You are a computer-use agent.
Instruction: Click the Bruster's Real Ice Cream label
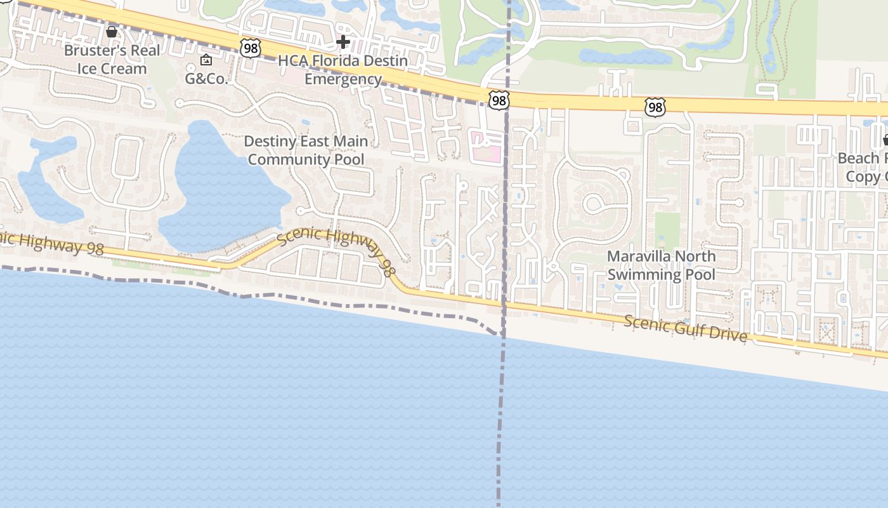(112, 59)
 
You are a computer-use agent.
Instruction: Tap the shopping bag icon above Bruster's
(112, 31)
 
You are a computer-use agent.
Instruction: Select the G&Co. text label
(206, 78)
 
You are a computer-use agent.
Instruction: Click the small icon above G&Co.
(206, 60)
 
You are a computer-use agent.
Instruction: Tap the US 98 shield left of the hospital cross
(251, 47)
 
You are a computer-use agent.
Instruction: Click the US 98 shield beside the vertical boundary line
(499, 100)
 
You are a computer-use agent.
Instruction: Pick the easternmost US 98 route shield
(655, 107)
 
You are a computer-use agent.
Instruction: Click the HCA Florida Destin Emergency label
(343, 70)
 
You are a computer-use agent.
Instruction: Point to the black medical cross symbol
(343, 43)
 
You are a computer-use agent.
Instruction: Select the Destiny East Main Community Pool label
(306, 150)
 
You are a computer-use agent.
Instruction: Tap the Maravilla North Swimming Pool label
(661, 265)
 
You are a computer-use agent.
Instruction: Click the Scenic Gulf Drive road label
(686, 328)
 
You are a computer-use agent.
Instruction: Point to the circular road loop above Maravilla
(595, 203)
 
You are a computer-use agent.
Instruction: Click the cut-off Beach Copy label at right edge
(863, 167)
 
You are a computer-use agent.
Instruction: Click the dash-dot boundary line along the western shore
(254, 296)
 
